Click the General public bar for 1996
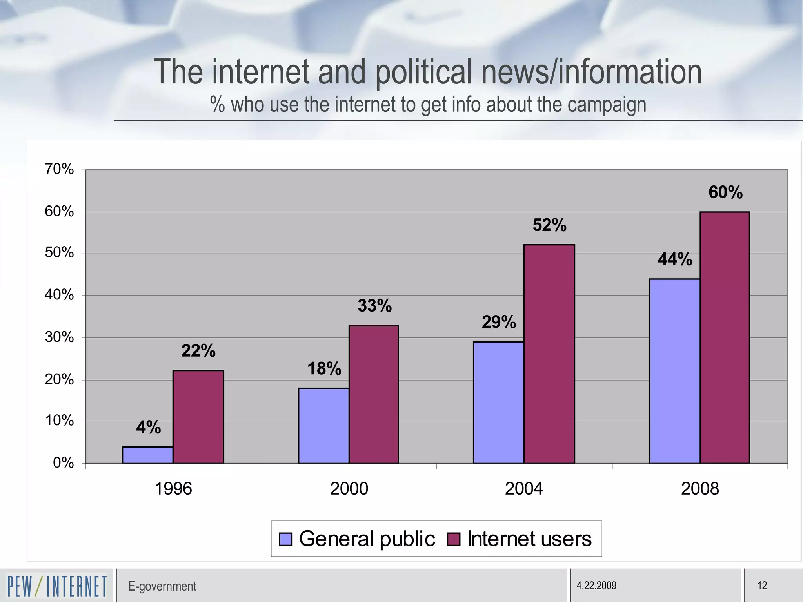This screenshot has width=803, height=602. (x=147, y=455)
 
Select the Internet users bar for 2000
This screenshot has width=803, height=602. (x=374, y=394)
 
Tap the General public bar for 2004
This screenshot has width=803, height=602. (x=498, y=402)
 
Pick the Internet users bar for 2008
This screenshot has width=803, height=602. (x=725, y=337)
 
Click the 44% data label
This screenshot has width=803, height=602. (x=675, y=259)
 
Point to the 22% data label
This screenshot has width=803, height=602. (x=198, y=351)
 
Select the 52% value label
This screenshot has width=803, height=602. (x=549, y=225)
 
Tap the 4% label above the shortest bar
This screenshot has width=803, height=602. (x=149, y=427)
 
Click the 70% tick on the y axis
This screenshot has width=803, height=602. (x=59, y=169)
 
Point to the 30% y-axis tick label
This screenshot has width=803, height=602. (x=59, y=337)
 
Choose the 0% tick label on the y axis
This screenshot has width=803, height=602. (x=63, y=463)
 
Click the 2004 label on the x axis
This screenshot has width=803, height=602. (x=524, y=489)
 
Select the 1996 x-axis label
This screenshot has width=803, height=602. (x=173, y=489)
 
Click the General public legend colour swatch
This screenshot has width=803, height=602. (x=285, y=539)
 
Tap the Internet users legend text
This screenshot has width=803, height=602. (x=529, y=539)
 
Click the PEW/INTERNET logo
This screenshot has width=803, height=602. (x=57, y=586)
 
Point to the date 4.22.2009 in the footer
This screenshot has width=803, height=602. (x=596, y=586)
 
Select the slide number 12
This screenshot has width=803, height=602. (x=762, y=586)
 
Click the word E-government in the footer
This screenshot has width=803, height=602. (x=162, y=586)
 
